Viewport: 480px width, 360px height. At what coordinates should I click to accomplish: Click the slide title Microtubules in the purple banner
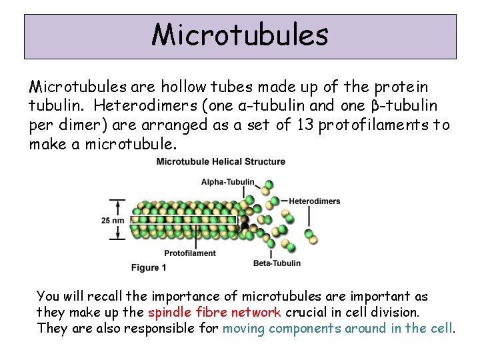[240, 35]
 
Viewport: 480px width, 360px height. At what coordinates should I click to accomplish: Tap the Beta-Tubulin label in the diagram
[277, 263]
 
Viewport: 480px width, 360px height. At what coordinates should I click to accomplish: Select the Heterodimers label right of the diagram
[314, 201]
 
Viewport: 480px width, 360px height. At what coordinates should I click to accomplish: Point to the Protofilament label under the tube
[190, 253]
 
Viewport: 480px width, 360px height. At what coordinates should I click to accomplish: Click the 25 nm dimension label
[113, 219]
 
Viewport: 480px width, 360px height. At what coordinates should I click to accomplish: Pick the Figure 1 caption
[149, 267]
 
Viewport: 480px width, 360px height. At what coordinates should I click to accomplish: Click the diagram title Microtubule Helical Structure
[221, 161]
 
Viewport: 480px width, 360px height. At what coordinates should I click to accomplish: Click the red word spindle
[169, 312]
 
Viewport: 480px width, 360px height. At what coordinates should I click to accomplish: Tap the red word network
[256, 312]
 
